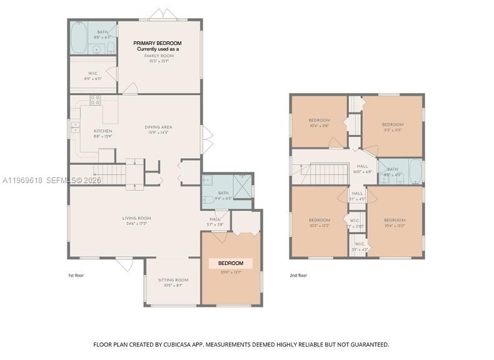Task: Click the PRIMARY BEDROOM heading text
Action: pyautogui.click(x=158, y=43)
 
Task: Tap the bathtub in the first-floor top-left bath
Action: pyautogui.click(x=78, y=38)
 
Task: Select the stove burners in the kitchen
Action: pyautogui.click(x=95, y=99)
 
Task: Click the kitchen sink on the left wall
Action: pyautogui.click(x=75, y=127)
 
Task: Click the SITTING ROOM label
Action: pyautogui.click(x=173, y=280)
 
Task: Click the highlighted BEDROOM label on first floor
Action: pyautogui.click(x=230, y=263)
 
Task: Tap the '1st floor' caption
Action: pyautogui.click(x=75, y=275)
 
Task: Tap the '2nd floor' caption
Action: pyautogui.click(x=298, y=275)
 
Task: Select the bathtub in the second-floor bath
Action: pyautogui.click(x=414, y=171)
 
